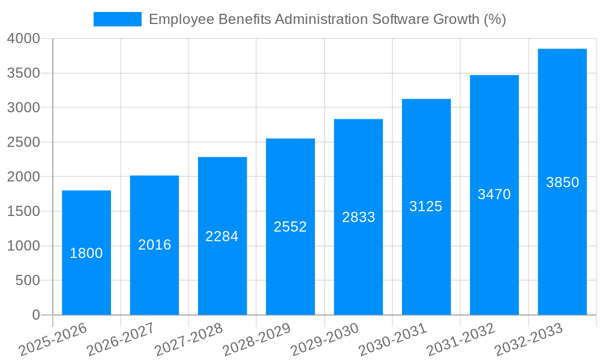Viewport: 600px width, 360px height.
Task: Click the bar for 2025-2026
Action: [86, 282]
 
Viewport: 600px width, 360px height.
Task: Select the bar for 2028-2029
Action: [290, 270]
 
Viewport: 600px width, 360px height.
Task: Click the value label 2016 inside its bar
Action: [155, 245]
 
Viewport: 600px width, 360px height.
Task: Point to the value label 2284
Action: [222, 236]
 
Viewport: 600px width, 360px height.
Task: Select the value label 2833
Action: [358, 217]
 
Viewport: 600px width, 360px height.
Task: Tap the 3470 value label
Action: [494, 194]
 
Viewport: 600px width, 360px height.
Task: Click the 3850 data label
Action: [562, 182]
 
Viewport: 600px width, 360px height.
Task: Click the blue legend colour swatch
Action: [118, 19]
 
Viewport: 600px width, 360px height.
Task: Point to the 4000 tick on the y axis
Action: [23, 38]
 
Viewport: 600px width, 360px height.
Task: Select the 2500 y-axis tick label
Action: [23, 142]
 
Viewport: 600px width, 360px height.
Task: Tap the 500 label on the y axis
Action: [28, 280]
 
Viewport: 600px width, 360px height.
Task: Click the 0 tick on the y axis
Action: [36, 315]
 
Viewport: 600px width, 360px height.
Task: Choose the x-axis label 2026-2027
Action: [120, 340]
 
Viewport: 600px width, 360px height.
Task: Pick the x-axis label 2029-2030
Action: [324, 340]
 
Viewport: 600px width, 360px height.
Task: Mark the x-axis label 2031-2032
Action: [460, 340]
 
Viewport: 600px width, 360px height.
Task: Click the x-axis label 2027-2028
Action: [188, 340]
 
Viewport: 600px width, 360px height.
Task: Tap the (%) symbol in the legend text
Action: [495, 19]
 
